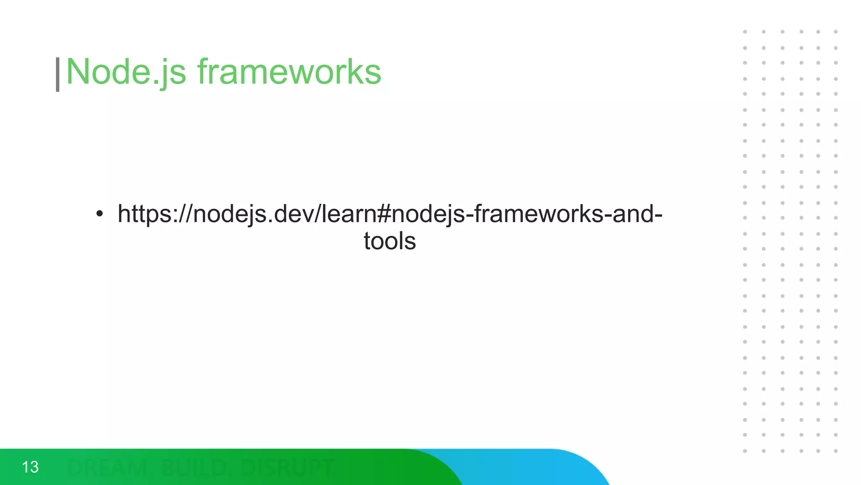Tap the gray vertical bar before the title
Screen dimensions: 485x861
58,75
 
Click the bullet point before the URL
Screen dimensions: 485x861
99,214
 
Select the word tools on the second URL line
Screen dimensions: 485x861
390,241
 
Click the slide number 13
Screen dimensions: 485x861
30,467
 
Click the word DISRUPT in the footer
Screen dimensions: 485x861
288,467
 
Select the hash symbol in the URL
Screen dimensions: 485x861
384,214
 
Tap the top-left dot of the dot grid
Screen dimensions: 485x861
745,32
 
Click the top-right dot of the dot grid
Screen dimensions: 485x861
836,32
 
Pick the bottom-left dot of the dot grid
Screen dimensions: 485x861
745,451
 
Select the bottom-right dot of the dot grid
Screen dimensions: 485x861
836,451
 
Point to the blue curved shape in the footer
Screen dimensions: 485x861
547,467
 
